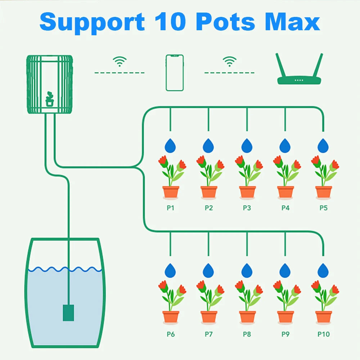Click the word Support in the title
coord(92,22)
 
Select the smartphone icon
coord(175,73)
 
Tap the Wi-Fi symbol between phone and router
coord(229,62)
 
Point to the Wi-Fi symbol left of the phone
coord(120,62)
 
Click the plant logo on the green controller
coord(50,99)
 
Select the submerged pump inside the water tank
coord(68,312)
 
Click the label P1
coord(170,208)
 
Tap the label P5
coord(323,208)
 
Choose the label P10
coord(323,334)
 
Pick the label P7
coord(209,334)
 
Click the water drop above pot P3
coord(247,146)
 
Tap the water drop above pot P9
coord(285,270)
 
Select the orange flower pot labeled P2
coord(209,192)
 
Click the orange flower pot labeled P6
coord(171,317)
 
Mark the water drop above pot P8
coord(247,270)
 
